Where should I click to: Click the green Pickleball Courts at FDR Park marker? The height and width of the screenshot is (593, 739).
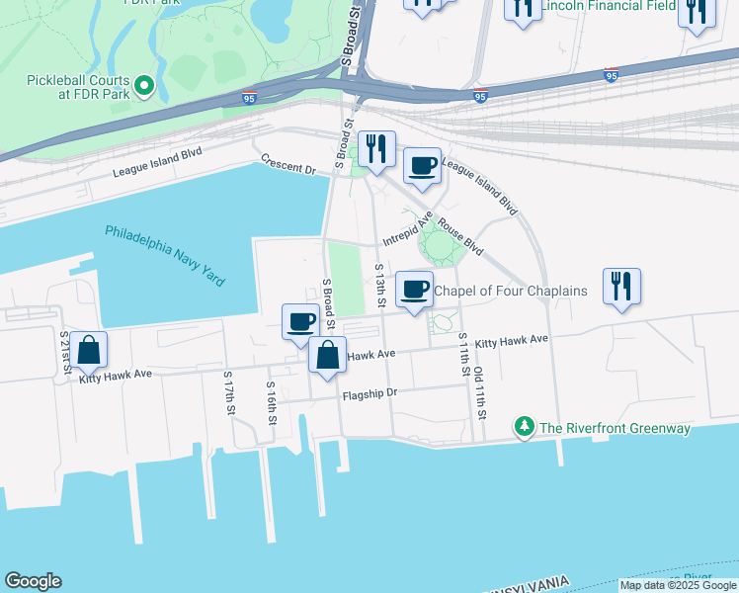(x=144, y=86)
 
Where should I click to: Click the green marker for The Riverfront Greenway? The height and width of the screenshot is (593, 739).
(x=524, y=428)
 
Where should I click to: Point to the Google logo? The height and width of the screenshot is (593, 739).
(x=33, y=581)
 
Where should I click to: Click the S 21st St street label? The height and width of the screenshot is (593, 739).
(x=65, y=352)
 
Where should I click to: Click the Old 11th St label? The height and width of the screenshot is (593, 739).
(x=479, y=392)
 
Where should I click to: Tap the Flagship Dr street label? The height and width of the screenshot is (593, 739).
(x=369, y=393)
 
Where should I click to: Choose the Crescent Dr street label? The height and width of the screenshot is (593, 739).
(x=288, y=163)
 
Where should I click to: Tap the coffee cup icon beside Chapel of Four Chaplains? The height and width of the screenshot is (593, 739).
(x=414, y=289)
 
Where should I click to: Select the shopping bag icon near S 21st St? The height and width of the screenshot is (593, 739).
(x=88, y=350)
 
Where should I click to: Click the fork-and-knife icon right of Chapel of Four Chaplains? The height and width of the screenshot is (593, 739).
(x=621, y=285)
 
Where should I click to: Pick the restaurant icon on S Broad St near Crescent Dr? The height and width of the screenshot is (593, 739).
(x=376, y=148)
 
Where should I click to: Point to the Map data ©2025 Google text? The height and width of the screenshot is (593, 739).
(x=678, y=585)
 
